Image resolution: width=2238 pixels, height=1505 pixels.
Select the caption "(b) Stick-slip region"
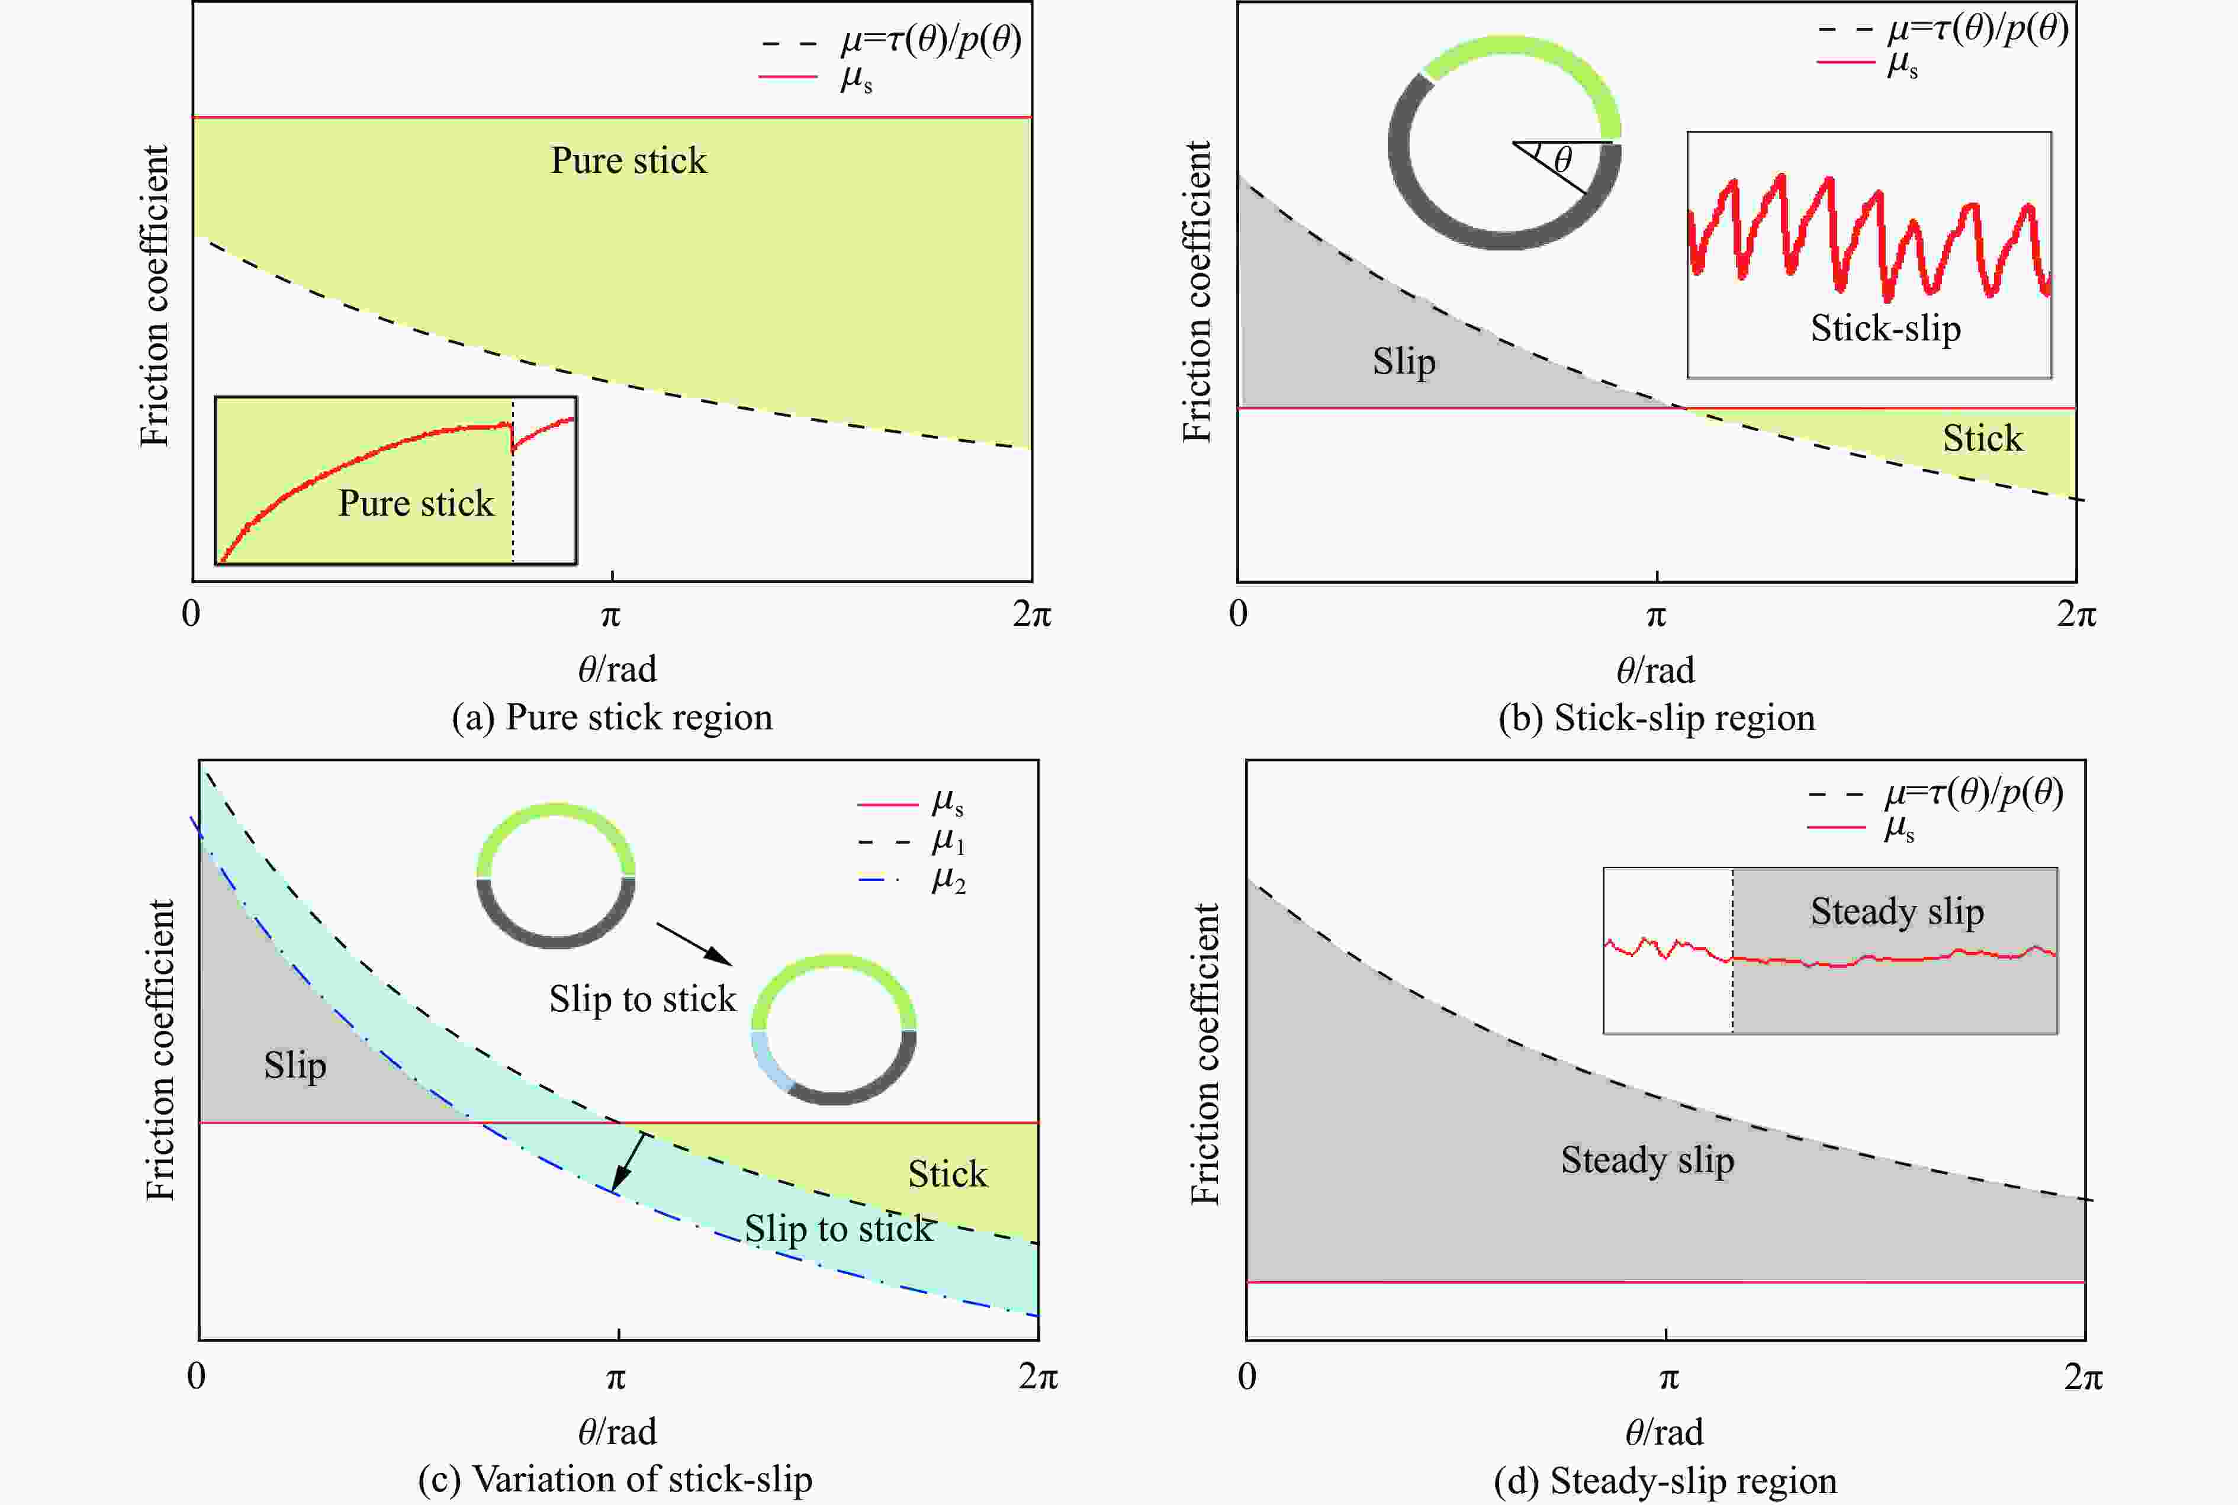pos(1657,718)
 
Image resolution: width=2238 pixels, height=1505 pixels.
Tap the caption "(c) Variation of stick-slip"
pos(615,1479)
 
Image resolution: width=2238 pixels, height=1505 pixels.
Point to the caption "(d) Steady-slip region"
pos(1665,1481)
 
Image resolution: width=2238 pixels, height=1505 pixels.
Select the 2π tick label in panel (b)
pos(2076,615)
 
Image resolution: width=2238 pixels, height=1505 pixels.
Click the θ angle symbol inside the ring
pos(1562,159)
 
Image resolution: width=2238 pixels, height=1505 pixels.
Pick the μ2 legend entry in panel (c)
pos(947,879)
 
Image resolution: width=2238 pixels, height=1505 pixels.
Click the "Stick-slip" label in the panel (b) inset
pos(1885,328)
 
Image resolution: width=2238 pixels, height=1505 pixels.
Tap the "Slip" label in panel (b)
pos(1404,362)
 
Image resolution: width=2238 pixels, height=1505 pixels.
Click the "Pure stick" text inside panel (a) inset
pos(416,503)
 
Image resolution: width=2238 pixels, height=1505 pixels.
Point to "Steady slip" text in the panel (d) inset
pos(1896,911)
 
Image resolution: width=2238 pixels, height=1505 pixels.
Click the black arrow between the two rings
pos(695,944)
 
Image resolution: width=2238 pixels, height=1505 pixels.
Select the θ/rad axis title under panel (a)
pos(617,669)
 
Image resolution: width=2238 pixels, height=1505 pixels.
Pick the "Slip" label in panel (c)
pos(295,1066)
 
